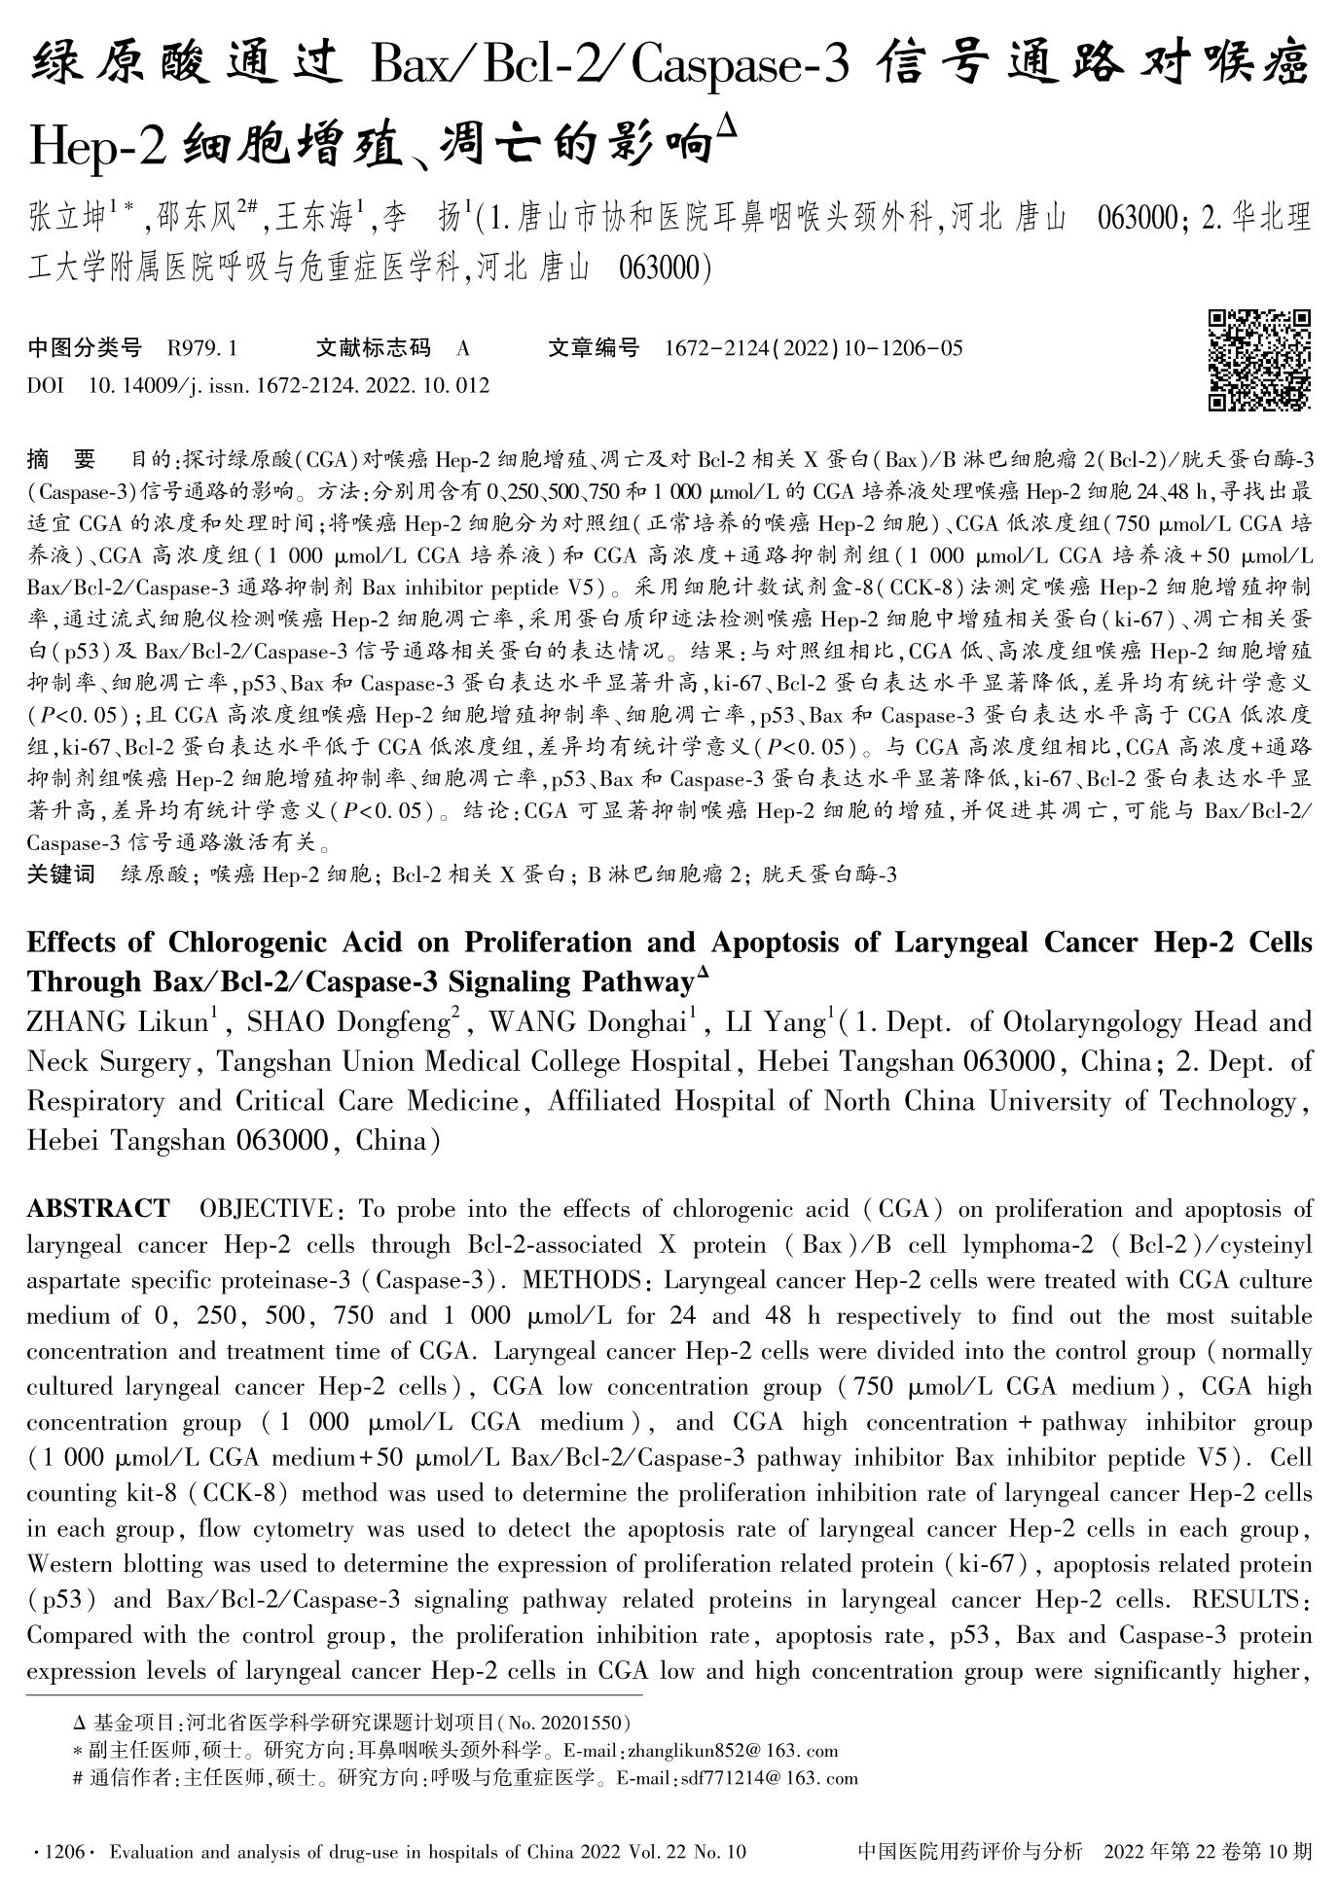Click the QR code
click(x=1259, y=360)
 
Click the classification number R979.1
click(x=202, y=347)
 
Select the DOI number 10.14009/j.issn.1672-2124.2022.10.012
click(x=289, y=386)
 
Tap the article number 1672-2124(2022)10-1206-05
click(x=814, y=347)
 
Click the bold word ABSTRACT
click(x=97, y=1209)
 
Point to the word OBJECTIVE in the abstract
click(x=266, y=1209)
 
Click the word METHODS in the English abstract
click(x=576, y=1280)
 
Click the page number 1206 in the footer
click(x=60, y=1852)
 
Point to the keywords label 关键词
click(x=61, y=874)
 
